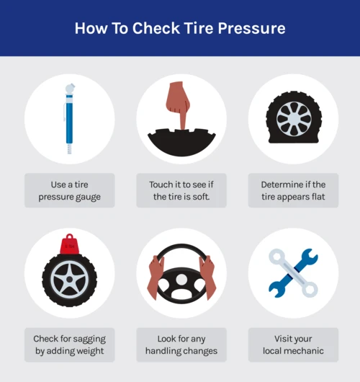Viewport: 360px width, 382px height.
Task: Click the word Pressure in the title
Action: [x=251, y=28]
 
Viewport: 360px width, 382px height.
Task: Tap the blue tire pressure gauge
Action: [x=69, y=119]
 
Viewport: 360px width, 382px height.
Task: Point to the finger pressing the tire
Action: [x=179, y=105]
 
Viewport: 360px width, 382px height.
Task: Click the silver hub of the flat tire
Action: [x=294, y=119]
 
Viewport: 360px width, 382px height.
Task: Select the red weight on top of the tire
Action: [x=70, y=244]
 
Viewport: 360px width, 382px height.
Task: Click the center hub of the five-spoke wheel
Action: [x=70, y=279]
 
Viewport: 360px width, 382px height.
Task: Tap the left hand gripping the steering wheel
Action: [x=155, y=277]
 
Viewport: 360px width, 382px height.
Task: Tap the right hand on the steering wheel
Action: [x=207, y=277]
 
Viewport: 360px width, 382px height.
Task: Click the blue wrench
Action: [x=293, y=273]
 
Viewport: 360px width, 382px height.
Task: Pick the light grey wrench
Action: [x=293, y=273]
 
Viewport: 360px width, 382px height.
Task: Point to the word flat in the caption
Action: [x=318, y=196]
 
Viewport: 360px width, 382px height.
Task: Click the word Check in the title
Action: [x=156, y=28]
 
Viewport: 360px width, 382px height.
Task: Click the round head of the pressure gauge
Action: [x=70, y=88]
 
